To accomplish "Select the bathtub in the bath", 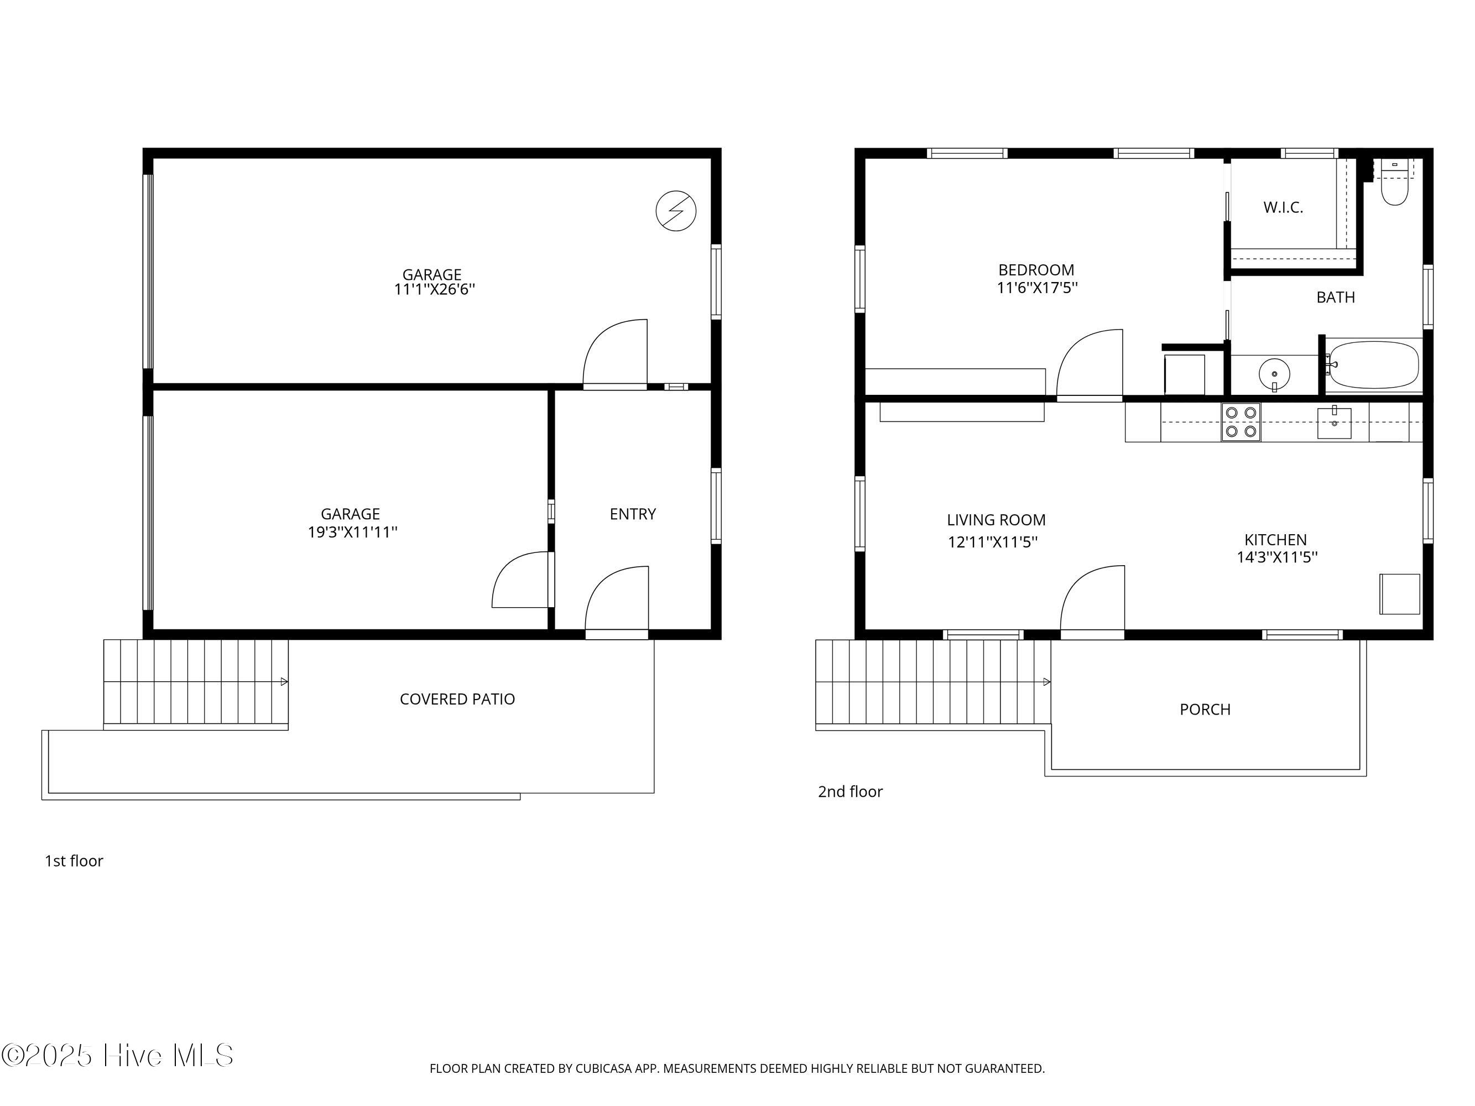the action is pos(1374,364).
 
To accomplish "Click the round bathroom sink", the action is pos(1274,374).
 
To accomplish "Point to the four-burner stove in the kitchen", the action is pos(1241,422).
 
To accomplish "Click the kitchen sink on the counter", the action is pos(1335,422).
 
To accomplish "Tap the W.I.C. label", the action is pos(1283,207).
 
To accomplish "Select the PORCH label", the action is pos(1205,709).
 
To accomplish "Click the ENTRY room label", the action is pos(633,514).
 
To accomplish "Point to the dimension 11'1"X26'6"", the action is pos(434,289).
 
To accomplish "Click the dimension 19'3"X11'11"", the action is pos(352,532).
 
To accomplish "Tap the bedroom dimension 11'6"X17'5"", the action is pos(1037,288).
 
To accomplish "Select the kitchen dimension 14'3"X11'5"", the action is pos(1277,557).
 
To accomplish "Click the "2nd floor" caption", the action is pos(850,791).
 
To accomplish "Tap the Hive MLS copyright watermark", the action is pos(117,1055).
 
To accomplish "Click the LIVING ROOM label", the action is pos(996,520).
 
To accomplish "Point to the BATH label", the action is pos(1336,298).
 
